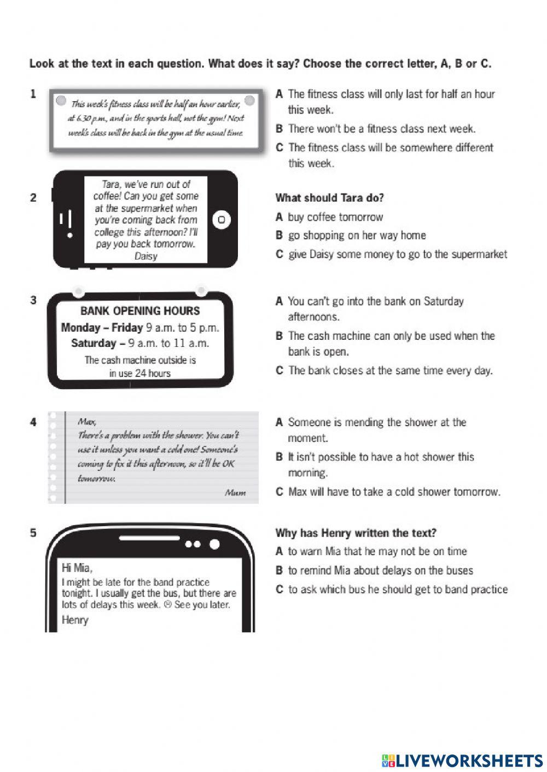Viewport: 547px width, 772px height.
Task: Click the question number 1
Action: (33, 94)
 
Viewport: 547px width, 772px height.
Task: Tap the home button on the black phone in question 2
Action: (222, 220)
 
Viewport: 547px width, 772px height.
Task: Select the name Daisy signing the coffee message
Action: (146, 256)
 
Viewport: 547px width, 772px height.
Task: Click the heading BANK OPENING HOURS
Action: (140, 311)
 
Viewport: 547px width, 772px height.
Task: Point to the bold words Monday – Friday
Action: (102, 328)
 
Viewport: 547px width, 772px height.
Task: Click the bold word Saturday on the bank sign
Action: (94, 343)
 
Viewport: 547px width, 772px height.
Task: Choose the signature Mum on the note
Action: (235, 493)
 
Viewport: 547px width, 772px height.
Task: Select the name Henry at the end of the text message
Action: (75, 620)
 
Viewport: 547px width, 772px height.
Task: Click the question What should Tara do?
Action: (329, 198)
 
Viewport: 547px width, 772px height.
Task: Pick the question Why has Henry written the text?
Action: (356, 533)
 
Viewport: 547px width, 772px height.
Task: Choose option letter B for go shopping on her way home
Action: (279, 235)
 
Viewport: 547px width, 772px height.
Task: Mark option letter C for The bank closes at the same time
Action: (279, 370)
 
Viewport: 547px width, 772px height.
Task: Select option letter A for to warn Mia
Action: (279, 552)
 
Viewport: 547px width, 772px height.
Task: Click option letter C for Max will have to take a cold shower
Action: (279, 492)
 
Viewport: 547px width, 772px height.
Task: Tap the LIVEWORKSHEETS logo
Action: (462, 760)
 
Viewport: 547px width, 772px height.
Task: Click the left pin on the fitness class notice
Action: (61, 101)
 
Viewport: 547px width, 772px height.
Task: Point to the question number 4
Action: (33, 422)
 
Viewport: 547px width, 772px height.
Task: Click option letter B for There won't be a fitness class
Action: (279, 129)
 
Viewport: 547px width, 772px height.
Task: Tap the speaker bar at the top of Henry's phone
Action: (150, 539)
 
